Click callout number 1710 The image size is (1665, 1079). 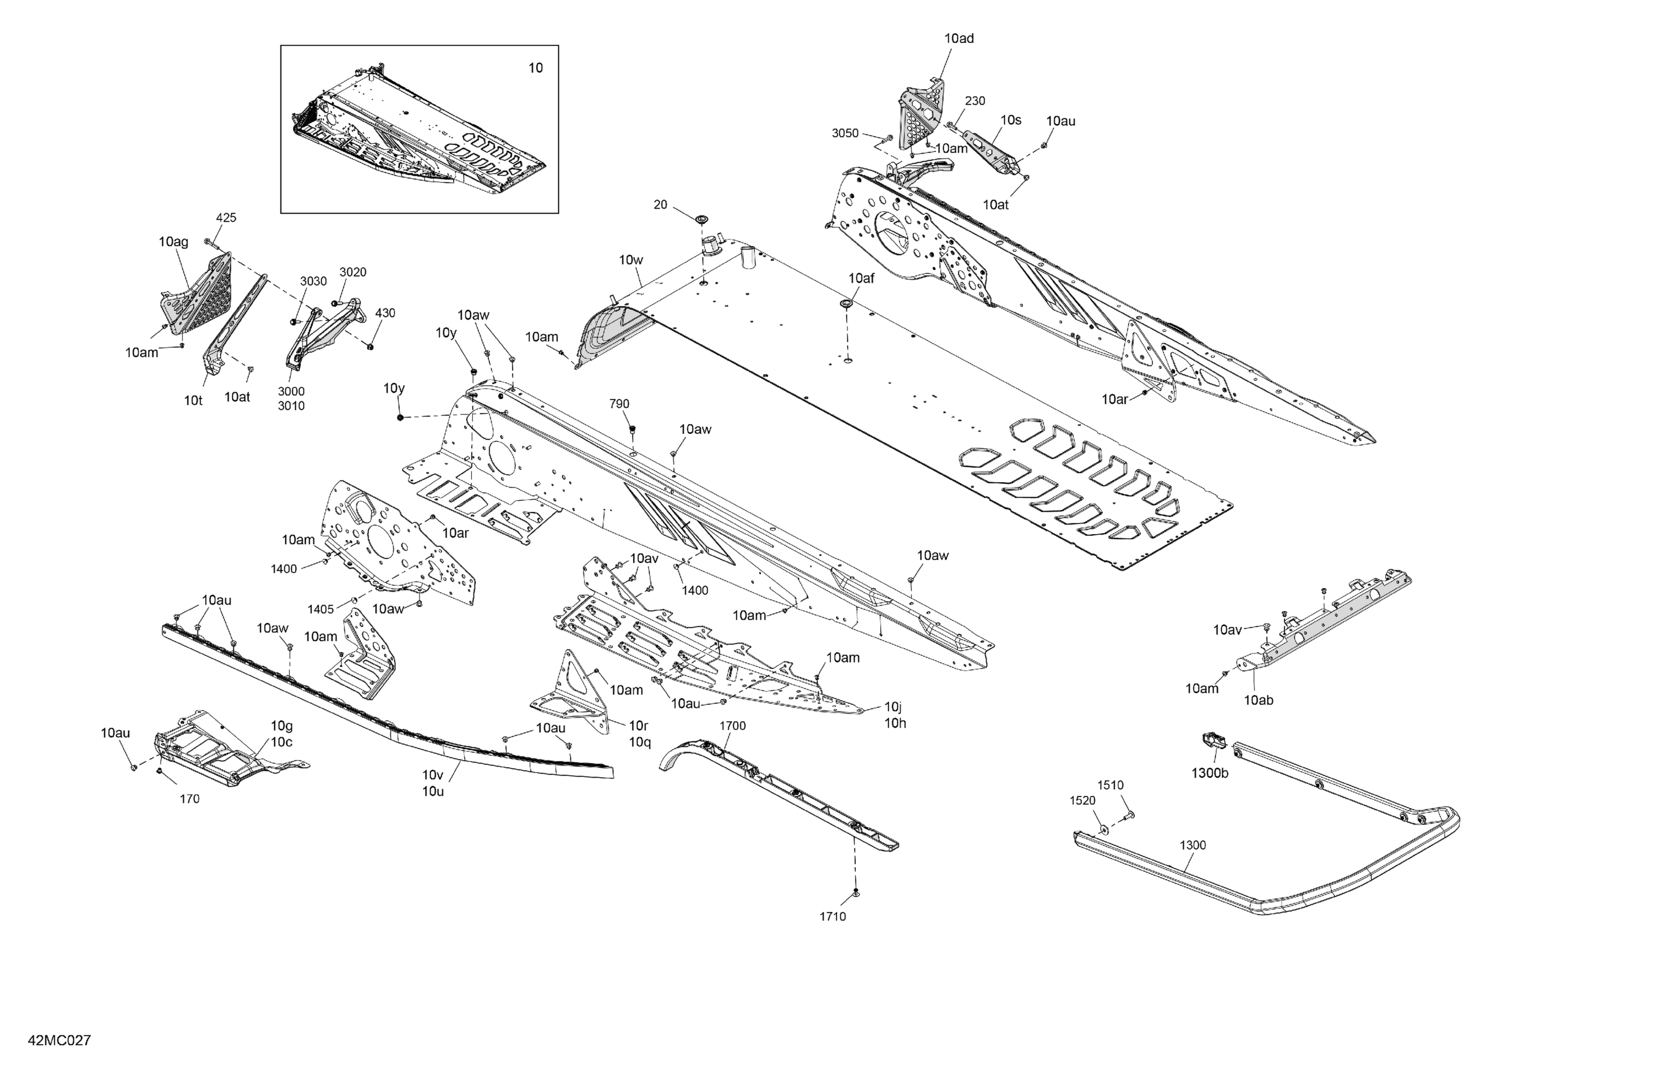pos(833,917)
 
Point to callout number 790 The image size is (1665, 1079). pos(619,404)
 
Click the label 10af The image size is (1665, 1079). pos(861,278)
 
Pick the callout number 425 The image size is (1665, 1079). pos(226,218)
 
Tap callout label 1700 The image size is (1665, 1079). pos(733,726)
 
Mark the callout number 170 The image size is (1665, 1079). pos(190,799)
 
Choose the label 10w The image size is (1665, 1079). pos(630,260)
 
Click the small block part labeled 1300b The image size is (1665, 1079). pos(1214,740)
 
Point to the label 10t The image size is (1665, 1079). pos(193,401)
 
